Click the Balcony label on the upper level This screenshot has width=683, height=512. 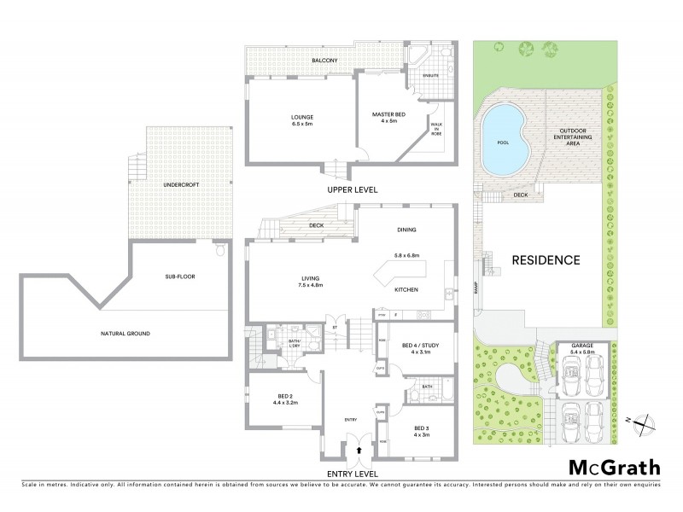(x=324, y=61)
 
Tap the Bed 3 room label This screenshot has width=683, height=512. (x=423, y=431)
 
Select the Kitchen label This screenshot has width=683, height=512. (x=405, y=288)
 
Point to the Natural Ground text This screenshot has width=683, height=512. (x=125, y=335)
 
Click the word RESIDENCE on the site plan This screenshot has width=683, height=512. (x=546, y=260)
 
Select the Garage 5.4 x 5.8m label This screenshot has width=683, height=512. (x=583, y=349)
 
